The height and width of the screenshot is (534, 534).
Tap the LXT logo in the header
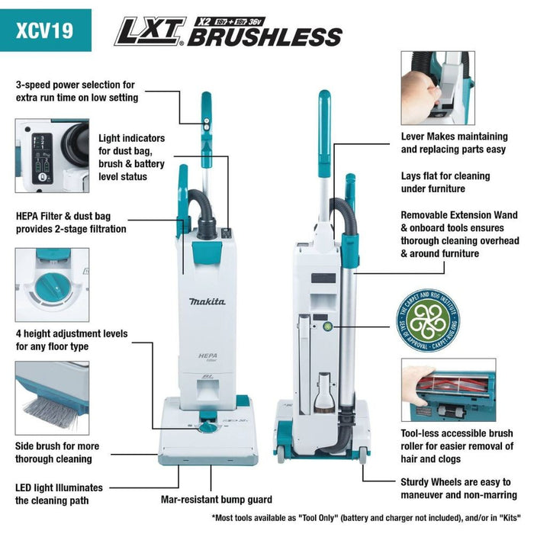pos(150,33)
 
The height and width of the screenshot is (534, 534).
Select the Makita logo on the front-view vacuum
pos(207,302)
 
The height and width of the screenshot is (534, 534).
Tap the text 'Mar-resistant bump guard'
pos(217,500)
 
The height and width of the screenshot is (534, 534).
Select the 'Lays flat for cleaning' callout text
pos(444,182)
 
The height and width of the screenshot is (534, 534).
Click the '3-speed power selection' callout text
pos(76,91)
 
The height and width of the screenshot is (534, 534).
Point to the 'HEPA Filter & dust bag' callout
pos(71,222)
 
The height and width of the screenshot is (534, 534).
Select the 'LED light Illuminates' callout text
pos(59,494)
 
